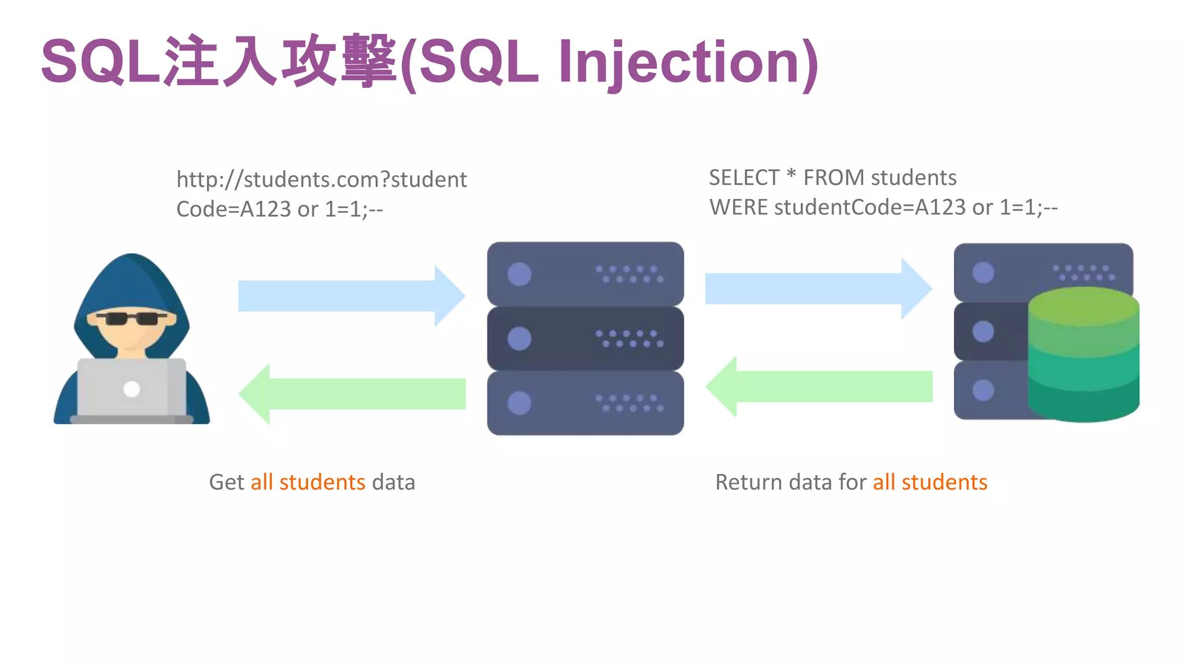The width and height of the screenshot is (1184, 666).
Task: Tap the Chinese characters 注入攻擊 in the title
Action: pos(280,61)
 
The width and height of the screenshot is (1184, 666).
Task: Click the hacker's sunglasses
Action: pos(131,319)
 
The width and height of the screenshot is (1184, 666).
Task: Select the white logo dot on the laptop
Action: pos(132,389)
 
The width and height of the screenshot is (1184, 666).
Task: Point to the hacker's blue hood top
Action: pos(132,272)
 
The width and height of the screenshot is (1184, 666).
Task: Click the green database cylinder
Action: pos(1083,355)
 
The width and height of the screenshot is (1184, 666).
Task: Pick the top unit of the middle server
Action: pos(585,274)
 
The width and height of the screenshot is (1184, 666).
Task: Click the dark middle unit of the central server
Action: pos(585,339)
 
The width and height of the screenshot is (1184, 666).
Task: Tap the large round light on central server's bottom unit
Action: pos(519,403)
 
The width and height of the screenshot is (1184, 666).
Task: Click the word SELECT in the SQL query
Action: pos(743,177)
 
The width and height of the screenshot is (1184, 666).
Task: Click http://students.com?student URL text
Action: pos(321,179)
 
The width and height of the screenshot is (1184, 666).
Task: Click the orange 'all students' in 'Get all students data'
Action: pos(308,482)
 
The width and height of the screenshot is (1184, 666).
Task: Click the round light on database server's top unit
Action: pos(983,272)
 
